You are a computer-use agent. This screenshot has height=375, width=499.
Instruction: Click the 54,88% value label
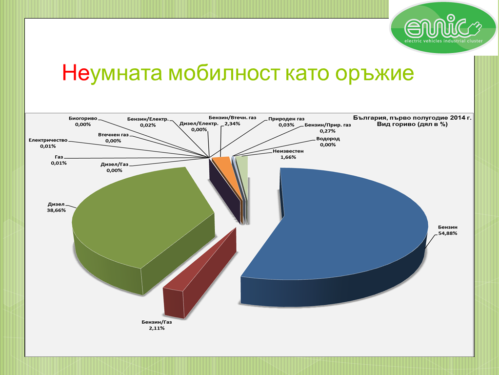[448, 233]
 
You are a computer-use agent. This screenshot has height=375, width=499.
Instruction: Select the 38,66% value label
[56, 210]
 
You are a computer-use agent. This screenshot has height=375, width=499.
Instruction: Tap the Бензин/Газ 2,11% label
[157, 325]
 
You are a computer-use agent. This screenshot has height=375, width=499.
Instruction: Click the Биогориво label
[83, 118]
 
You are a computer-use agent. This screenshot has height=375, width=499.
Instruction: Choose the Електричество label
[48, 140]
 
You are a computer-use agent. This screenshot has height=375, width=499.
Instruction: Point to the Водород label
[328, 139]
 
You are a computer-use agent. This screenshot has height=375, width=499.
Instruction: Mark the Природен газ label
[286, 119]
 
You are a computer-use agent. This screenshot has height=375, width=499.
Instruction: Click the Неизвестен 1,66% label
[288, 154]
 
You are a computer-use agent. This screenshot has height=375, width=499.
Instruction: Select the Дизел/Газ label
[114, 165]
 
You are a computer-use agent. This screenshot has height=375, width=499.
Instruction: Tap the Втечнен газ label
[113, 135]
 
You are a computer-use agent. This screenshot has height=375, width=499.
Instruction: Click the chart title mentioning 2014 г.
[413, 121]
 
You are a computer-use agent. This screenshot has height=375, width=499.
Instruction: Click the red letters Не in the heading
[76, 73]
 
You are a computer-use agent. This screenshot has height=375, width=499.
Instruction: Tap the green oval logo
[443, 28]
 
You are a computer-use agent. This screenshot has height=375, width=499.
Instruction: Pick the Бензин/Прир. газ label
[327, 125]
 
